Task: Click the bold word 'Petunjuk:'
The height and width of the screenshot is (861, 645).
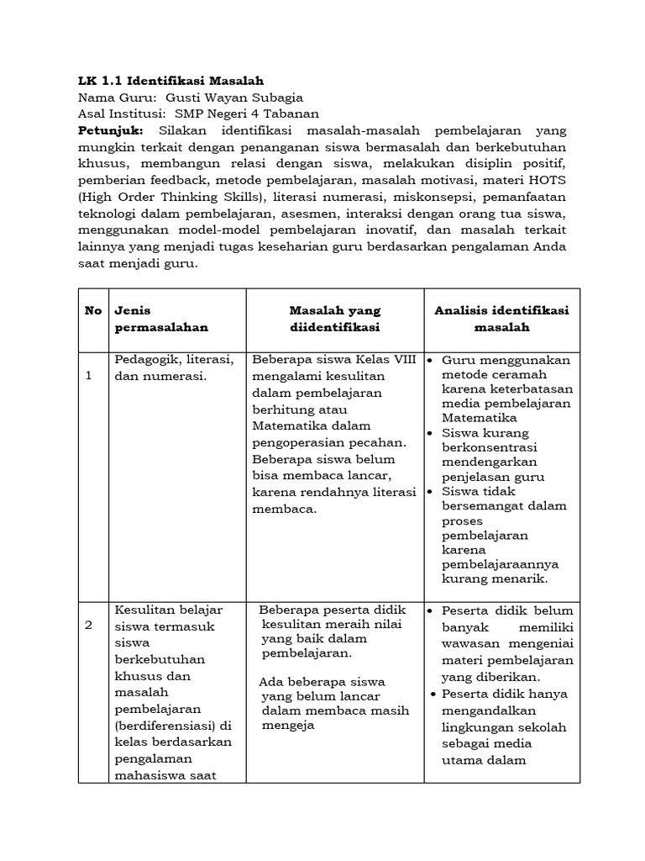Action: point(111,131)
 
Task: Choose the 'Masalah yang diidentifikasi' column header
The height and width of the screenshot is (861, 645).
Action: point(334,318)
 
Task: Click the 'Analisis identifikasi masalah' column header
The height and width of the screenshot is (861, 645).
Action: point(501,318)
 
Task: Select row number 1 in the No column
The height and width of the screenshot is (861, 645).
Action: point(89,376)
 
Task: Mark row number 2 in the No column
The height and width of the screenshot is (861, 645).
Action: point(89,626)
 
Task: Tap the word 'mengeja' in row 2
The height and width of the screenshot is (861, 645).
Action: point(286,726)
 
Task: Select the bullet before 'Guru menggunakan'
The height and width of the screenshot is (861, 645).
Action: point(429,361)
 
